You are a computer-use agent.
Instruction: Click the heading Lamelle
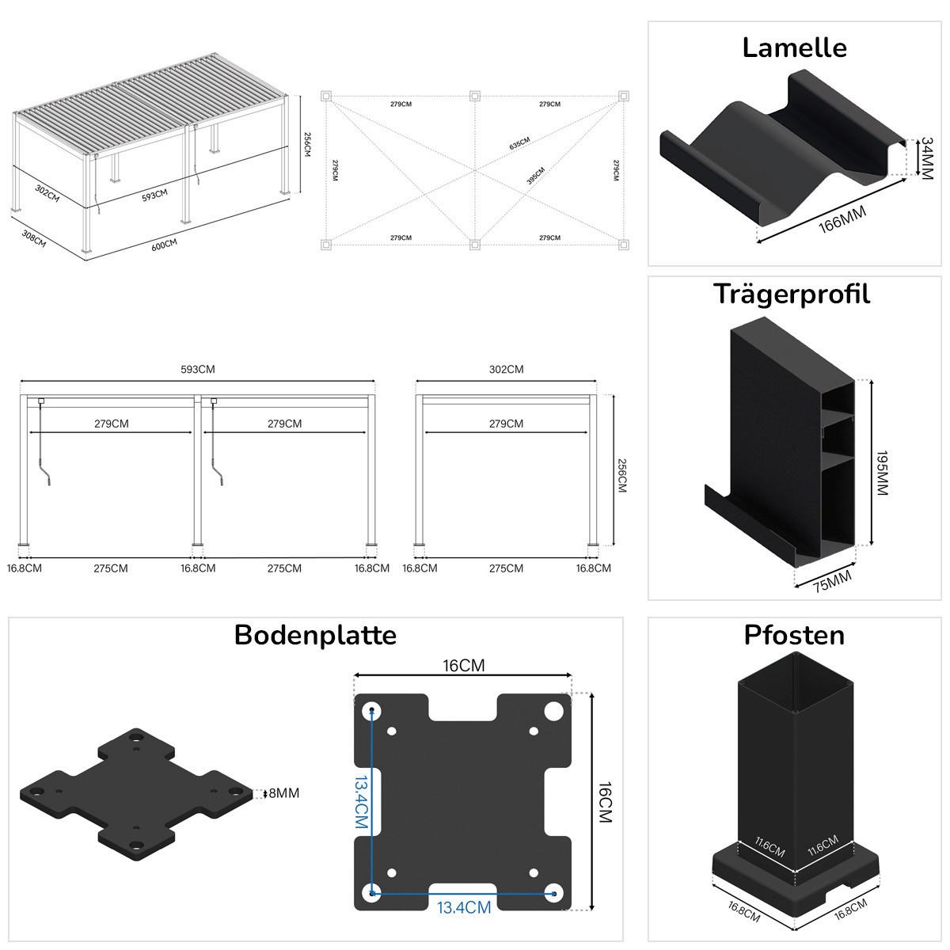pyautogui.click(x=794, y=47)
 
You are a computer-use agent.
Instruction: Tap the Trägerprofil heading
pyautogui.click(x=792, y=294)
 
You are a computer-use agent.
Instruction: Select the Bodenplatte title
pyautogui.click(x=315, y=635)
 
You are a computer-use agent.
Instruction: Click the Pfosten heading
pyautogui.click(x=794, y=635)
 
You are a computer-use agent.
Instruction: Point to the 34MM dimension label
pyautogui.click(x=925, y=158)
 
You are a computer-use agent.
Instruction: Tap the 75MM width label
pyautogui.click(x=832, y=581)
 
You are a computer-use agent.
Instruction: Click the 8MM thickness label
pyautogui.click(x=284, y=793)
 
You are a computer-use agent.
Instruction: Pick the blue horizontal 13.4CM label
pyautogui.click(x=465, y=907)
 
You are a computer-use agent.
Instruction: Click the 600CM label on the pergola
pyautogui.click(x=164, y=245)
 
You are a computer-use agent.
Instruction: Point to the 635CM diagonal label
pyautogui.click(x=519, y=143)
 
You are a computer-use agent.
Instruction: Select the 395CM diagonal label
pyautogui.click(x=536, y=176)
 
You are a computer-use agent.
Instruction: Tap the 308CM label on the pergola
pyautogui.click(x=34, y=238)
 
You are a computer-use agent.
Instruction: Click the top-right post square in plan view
pyautogui.click(x=624, y=97)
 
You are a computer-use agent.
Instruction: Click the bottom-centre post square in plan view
pyautogui.click(x=474, y=245)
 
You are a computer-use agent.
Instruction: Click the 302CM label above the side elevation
pyautogui.click(x=506, y=369)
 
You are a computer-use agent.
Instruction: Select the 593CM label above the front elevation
pyautogui.click(x=197, y=369)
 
